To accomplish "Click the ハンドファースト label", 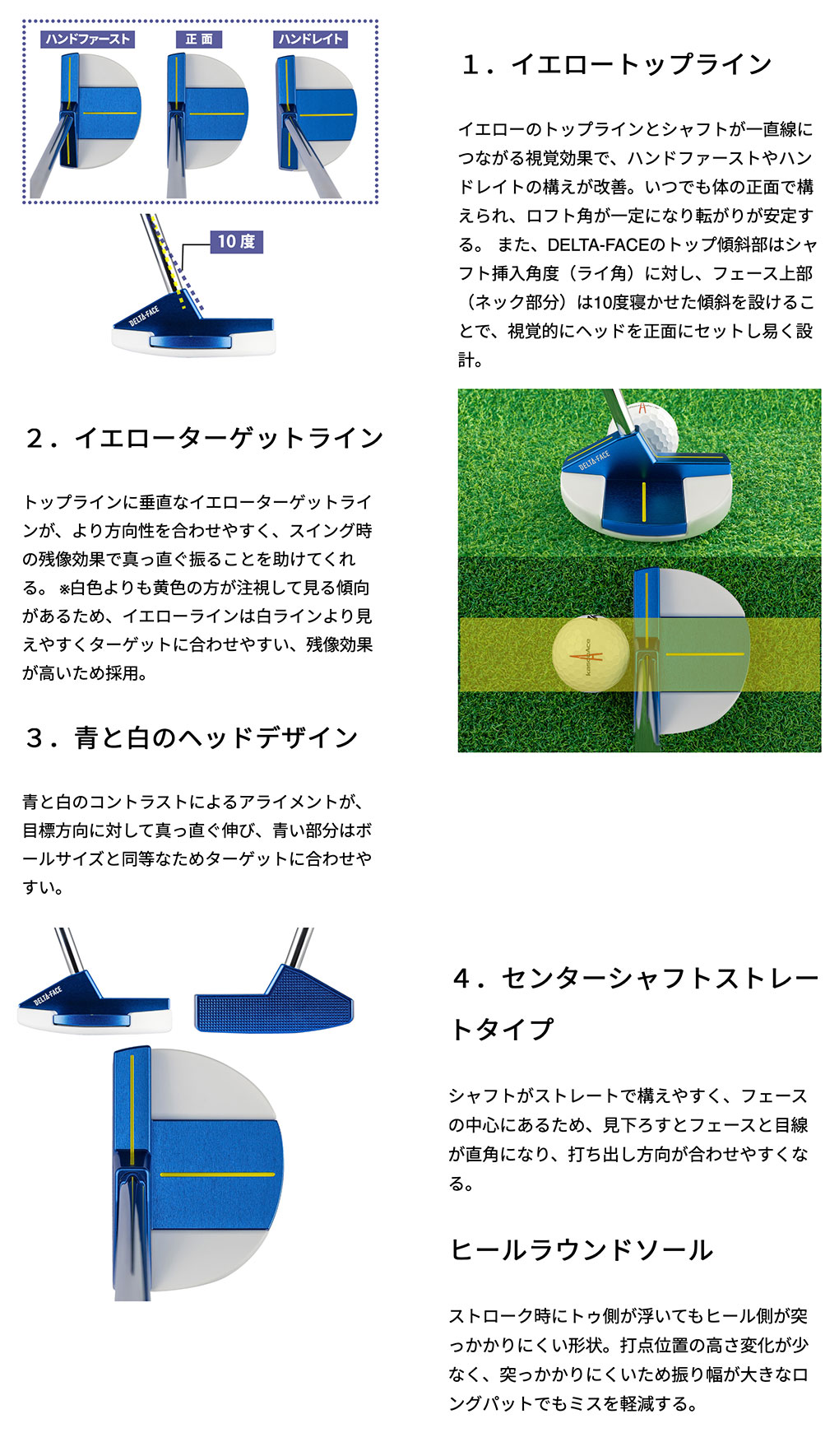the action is (x=87, y=39).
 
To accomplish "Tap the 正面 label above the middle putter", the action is (x=199, y=39).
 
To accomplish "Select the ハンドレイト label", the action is (x=310, y=39).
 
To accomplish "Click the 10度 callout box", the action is (x=236, y=241).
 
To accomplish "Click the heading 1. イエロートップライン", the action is (x=616, y=64).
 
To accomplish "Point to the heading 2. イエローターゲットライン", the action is (x=204, y=438).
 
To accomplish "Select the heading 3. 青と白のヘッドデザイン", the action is (x=191, y=737).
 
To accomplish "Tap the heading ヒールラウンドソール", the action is (x=581, y=1250).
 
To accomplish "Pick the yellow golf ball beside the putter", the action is (x=591, y=653).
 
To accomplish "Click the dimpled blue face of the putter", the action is (x=274, y=1002).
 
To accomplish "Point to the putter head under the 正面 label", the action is (x=206, y=112).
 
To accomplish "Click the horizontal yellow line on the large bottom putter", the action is (x=217, y=1174).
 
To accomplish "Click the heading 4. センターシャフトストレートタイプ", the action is (x=634, y=1003).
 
